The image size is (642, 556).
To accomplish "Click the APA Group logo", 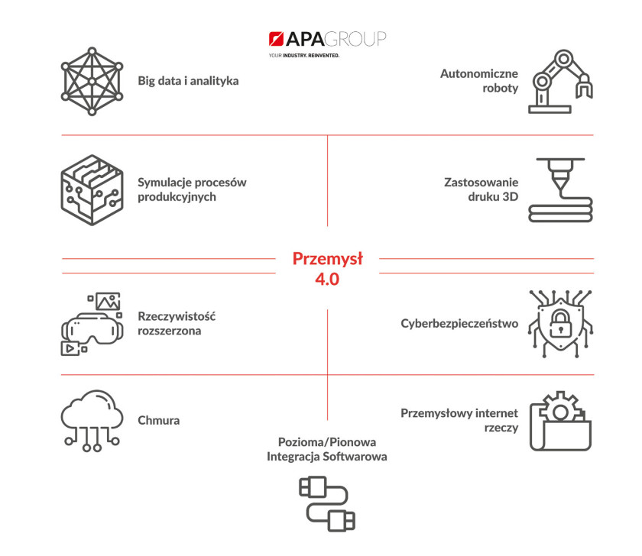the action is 327,39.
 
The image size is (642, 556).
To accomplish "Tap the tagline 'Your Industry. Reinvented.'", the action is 304,55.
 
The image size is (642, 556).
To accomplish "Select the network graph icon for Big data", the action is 92,81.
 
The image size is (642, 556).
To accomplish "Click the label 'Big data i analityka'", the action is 188,81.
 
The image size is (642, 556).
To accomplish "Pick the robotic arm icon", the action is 560,82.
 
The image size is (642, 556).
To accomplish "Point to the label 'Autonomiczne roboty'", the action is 479,81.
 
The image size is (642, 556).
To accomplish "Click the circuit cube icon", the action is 92,190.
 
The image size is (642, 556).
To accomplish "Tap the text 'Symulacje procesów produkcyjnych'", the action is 192,189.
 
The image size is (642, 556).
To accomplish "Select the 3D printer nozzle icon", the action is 560,190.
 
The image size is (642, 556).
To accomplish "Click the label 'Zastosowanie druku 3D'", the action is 481,189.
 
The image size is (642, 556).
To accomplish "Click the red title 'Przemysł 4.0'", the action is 328,268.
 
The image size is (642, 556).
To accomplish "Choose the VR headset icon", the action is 92,324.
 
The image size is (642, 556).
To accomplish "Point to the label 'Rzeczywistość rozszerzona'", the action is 177,323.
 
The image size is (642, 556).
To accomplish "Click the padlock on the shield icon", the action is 560,324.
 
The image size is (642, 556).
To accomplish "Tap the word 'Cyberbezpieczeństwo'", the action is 459,324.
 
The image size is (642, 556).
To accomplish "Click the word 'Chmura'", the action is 158,421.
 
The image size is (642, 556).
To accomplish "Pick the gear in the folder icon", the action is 560,410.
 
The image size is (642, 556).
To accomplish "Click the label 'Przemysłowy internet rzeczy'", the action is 459,420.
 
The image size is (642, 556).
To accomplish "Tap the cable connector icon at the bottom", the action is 327,504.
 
